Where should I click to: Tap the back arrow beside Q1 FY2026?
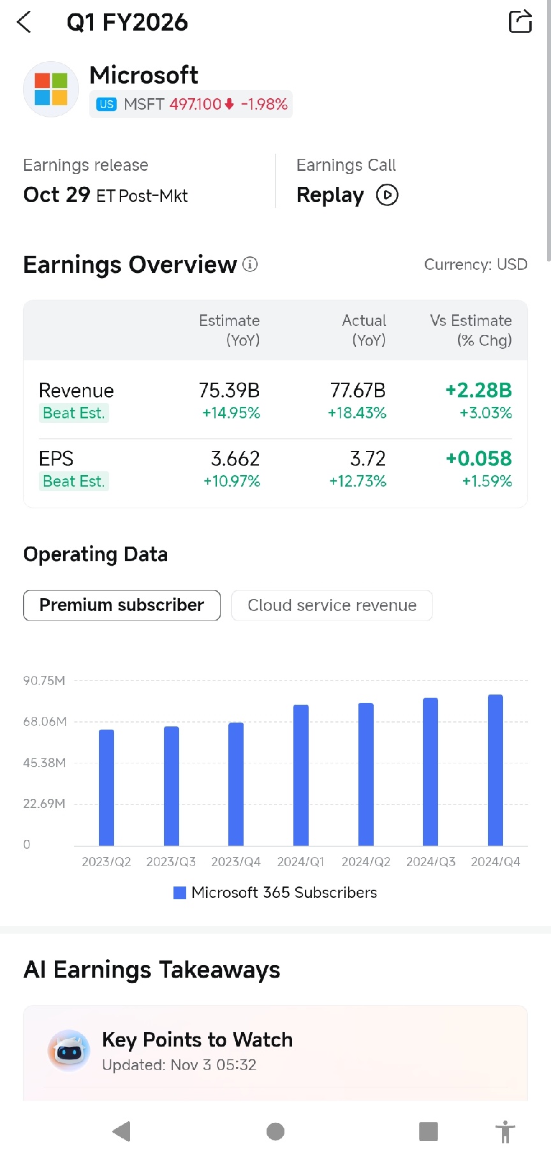[x=24, y=22]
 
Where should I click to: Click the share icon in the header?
[x=520, y=22]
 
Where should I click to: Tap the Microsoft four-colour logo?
[x=51, y=89]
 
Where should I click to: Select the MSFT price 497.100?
[x=195, y=104]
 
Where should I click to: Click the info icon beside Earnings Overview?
[x=250, y=264]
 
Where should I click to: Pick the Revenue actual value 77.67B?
[x=358, y=390]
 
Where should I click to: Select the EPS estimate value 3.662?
[x=235, y=459]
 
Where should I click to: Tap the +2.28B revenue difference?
[x=479, y=390]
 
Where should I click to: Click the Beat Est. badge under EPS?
[x=73, y=481]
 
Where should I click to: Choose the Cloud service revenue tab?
[x=332, y=605]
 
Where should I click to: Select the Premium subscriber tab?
[x=122, y=605]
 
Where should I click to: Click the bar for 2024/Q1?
[x=301, y=775]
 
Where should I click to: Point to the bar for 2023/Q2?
[x=107, y=788]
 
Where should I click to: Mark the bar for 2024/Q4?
[x=496, y=770]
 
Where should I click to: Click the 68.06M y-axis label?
[x=45, y=722]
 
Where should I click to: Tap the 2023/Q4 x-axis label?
[x=236, y=862]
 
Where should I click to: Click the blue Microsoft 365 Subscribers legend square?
[x=180, y=893]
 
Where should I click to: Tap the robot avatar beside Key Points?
[x=69, y=1050]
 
